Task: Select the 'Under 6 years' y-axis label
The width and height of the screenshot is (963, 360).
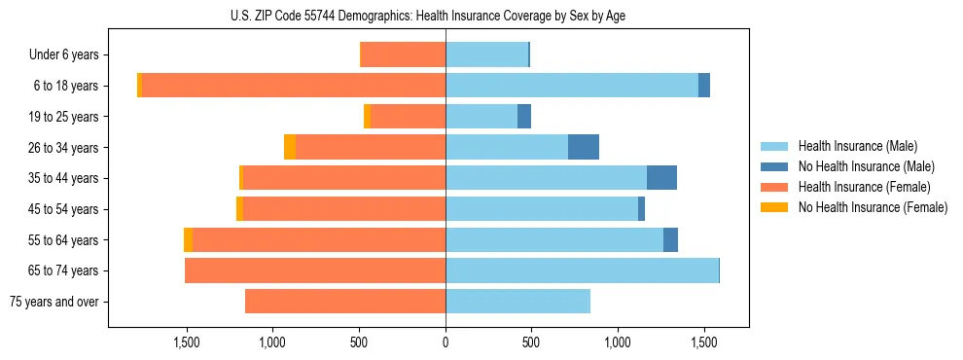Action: click(64, 55)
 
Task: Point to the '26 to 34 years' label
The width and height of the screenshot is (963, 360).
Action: click(64, 148)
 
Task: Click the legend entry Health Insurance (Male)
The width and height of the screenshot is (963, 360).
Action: click(857, 146)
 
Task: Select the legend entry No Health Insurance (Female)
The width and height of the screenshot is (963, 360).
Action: click(873, 207)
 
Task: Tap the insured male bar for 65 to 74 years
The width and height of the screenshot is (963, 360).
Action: click(582, 270)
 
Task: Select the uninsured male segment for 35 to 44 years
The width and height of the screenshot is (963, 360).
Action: click(661, 178)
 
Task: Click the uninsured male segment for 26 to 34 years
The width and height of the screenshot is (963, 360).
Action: click(584, 147)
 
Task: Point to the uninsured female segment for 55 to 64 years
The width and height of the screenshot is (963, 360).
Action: click(188, 239)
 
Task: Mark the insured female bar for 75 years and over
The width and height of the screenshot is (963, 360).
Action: click(345, 302)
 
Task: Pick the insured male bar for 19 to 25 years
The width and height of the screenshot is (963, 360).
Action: click(481, 117)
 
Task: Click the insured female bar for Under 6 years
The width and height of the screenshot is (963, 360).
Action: click(403, 55)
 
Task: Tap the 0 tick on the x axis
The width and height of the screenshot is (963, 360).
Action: click(446, 342)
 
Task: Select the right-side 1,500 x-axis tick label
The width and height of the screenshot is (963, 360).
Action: click(704, 342)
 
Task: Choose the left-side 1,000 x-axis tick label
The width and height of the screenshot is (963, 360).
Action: click(272, 342)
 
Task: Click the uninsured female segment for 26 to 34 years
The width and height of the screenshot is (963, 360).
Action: click(290, 147)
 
